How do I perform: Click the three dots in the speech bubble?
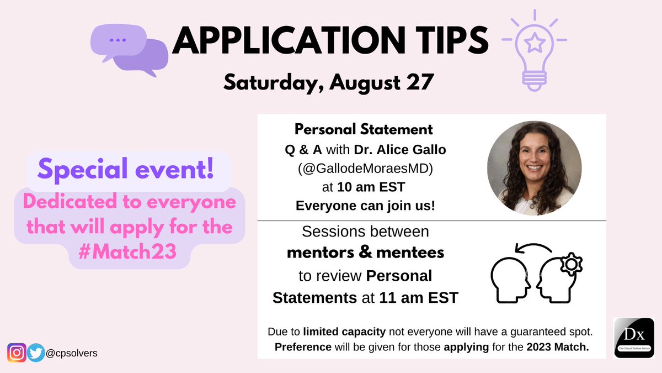[x=117, y=40]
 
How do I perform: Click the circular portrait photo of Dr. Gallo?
[x=534, y=169]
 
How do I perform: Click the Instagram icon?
[x=17, y=353]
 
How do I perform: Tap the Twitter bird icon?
[x=36, y=353]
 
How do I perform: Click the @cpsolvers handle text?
[x=72, y=353]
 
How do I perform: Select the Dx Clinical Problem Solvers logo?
[x=633, y=338]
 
